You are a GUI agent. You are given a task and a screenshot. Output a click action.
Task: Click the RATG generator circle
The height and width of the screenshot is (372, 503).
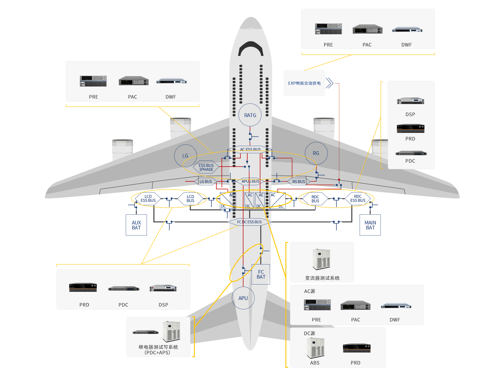click(250, 115)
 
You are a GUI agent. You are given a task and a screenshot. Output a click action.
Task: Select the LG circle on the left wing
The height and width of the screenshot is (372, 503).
click(185, 156)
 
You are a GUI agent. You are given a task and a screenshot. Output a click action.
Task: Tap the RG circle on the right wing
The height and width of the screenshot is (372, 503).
click(316, 153)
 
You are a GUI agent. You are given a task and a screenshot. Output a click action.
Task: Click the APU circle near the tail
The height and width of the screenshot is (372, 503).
click(243, 298)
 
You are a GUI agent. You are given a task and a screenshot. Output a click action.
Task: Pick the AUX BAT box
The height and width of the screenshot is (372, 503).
click(136, 225)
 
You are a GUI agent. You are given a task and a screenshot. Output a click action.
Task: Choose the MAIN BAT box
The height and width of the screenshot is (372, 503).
click(370, 225)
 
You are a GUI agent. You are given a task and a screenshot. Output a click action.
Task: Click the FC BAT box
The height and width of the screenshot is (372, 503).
click(261, 274)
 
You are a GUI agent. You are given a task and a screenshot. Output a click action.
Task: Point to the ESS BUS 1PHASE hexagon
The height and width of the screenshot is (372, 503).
click(206, 167)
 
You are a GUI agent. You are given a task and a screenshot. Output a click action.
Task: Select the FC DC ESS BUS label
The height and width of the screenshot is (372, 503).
click(249, 222)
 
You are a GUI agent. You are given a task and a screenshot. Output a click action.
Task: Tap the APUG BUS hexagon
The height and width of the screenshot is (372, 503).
click(250, 181)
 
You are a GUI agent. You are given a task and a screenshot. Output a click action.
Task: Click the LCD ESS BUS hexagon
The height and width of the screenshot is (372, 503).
click(148, 199)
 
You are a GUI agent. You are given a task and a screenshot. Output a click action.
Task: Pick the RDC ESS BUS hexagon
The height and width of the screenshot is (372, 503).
click(358, 199)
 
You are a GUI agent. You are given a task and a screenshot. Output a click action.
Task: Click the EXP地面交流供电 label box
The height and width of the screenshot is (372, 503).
click(304, 83)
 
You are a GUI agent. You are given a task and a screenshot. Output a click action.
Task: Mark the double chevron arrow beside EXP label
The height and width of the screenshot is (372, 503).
click(330, 83)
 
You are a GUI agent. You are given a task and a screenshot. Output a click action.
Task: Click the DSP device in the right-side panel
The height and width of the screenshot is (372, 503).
click(410, 101)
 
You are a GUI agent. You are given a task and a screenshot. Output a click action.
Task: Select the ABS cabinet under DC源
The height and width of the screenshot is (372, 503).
click(315, 348)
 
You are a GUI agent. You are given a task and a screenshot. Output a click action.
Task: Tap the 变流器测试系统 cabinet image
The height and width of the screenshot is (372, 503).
click(322, 259)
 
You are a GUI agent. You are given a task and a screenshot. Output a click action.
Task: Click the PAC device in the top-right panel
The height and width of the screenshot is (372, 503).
click(367, 29)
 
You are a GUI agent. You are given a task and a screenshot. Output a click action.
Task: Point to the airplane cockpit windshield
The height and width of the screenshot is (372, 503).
click(251, 48)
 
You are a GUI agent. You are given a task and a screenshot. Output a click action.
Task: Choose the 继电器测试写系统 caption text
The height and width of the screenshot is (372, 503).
click(158, 347)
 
